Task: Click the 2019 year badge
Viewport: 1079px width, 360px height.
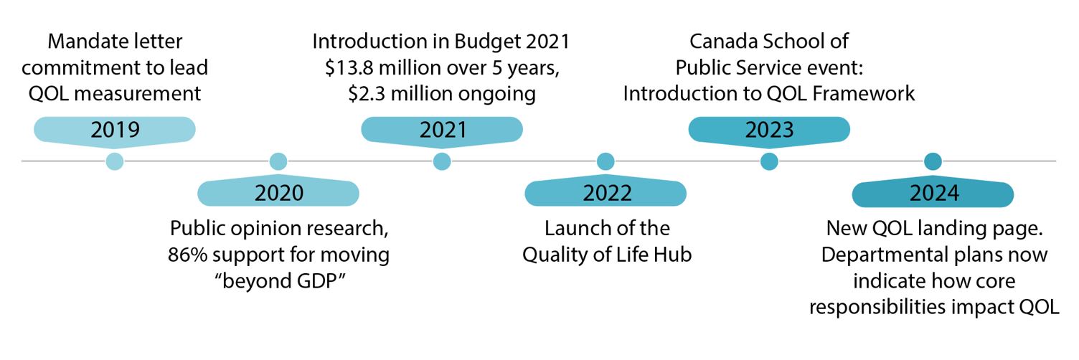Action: pos(115,130)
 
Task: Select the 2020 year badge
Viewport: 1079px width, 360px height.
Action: pos(278,193)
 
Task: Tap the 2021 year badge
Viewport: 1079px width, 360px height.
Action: pos(442,130)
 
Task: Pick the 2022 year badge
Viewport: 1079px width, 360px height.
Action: pos(606,193)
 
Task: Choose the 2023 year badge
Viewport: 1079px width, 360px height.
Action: pos(769,130)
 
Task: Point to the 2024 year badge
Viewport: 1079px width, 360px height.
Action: pos(933,193)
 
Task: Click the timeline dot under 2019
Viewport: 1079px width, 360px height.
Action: pos(115,161)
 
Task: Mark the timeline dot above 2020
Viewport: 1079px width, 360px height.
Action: pos(278,161)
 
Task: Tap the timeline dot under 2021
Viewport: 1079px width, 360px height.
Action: pos(442,161)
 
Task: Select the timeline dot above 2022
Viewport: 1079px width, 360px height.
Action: pos(606,161)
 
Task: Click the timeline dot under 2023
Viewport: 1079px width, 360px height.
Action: pos(769,161)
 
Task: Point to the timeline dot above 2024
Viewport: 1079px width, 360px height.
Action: pos(933,161)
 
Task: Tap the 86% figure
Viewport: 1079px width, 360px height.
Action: pos(189,254)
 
